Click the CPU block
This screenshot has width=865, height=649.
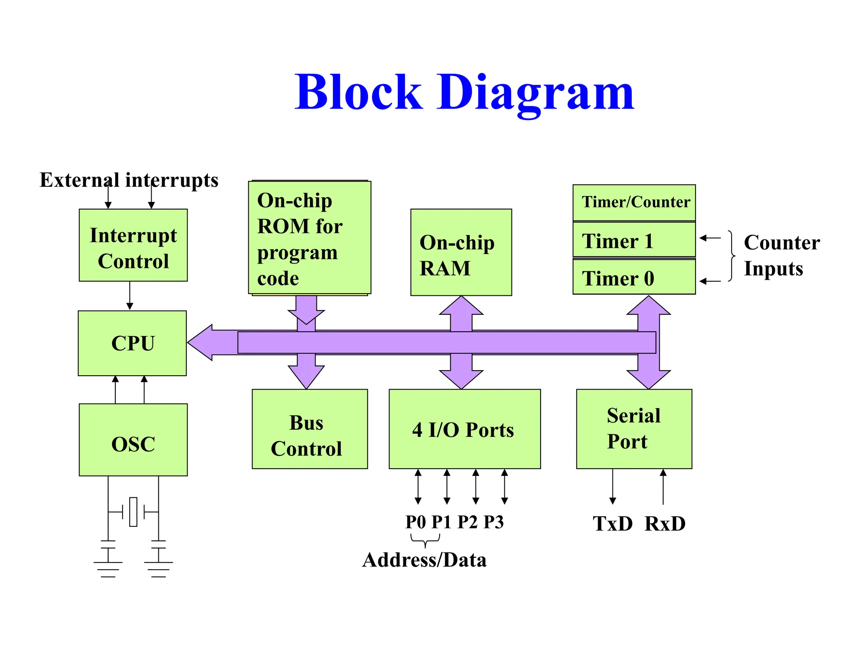pyautogui.click(x=132, y=343)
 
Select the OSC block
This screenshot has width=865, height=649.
pyautogui.click(x=133, y=440)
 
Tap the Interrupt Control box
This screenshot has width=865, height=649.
pyautogui.click(x=133, y=245)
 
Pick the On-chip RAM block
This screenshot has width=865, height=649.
pyautogui.click(x=461, y=252)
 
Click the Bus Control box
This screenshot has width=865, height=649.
pyautogui.click(x=310, y=429)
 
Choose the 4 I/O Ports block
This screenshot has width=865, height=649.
pyautogui.click(x=464, y=429)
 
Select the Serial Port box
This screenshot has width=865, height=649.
pyautogui.click(x=634, y=429)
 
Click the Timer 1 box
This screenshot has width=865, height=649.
pyautogui.click(x=634, y=240)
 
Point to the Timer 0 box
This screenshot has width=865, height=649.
pyautogui.click(x=634, y=277)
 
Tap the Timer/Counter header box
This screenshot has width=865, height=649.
pyautogui.click(x=634, y=202)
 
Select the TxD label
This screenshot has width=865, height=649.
pyautogui.click(x=612, y=524)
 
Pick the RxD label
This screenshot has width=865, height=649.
pyautogui.click(x=665, y=524)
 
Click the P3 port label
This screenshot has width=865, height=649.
pyautogui.click(x=493, y=522)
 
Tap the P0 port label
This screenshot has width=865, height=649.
pyautogui.click(x=416, y=522)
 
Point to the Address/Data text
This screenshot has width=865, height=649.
pyautogui.click(x=424, y=560)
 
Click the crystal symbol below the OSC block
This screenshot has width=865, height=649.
pyautogui.click(x=133, y=512)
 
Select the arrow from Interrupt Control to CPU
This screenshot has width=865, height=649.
pyautogui.click(x=130, y=296)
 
